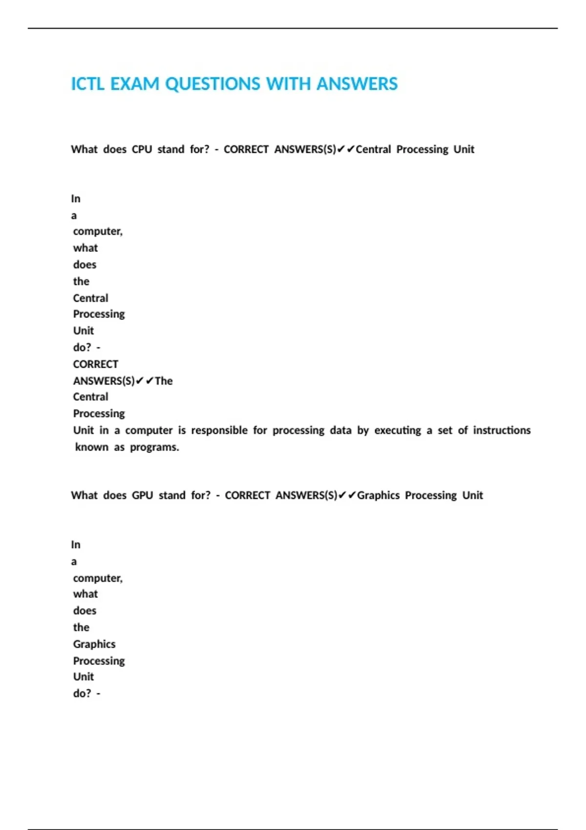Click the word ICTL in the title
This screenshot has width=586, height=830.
[x=88, y=84]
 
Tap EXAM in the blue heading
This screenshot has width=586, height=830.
[x=135, y=84]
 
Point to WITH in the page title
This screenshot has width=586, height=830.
[x=288, y=84]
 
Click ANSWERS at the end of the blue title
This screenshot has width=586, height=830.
[x=357, y=84]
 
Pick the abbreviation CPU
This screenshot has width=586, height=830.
[x=142, y=149]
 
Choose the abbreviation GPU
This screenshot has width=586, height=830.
[x=143, y=496]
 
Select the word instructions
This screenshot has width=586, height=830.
[x=502, y=431]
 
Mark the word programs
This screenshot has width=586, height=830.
[x=154, y=447]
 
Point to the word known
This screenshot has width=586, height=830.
[x=92, y=447]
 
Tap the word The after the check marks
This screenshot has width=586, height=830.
[x=164, y=381]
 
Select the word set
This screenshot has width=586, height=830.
[x=445, y=431]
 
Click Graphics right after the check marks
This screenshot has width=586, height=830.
[x=378, y=496]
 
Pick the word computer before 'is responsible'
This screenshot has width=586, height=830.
[x=149, y=431]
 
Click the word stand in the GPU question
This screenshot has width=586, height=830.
[x=172, y=496]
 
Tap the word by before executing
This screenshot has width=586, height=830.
[x=363, y=431]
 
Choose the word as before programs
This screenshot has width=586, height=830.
[x=119, y=447]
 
